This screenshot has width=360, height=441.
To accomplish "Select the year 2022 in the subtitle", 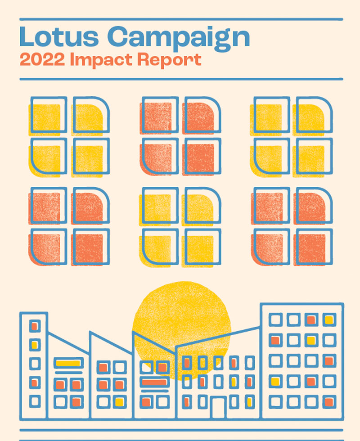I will (42, 60).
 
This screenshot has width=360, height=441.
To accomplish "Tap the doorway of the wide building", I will (219, 407).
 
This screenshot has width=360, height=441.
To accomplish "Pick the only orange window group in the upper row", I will (180, 135).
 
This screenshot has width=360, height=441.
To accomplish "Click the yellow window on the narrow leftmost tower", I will (34, 345).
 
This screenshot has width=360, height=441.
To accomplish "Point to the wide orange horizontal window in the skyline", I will (154, 383).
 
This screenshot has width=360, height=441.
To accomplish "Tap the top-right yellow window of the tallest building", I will (329, 320).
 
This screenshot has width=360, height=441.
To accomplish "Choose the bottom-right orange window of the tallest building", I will (329, 401).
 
